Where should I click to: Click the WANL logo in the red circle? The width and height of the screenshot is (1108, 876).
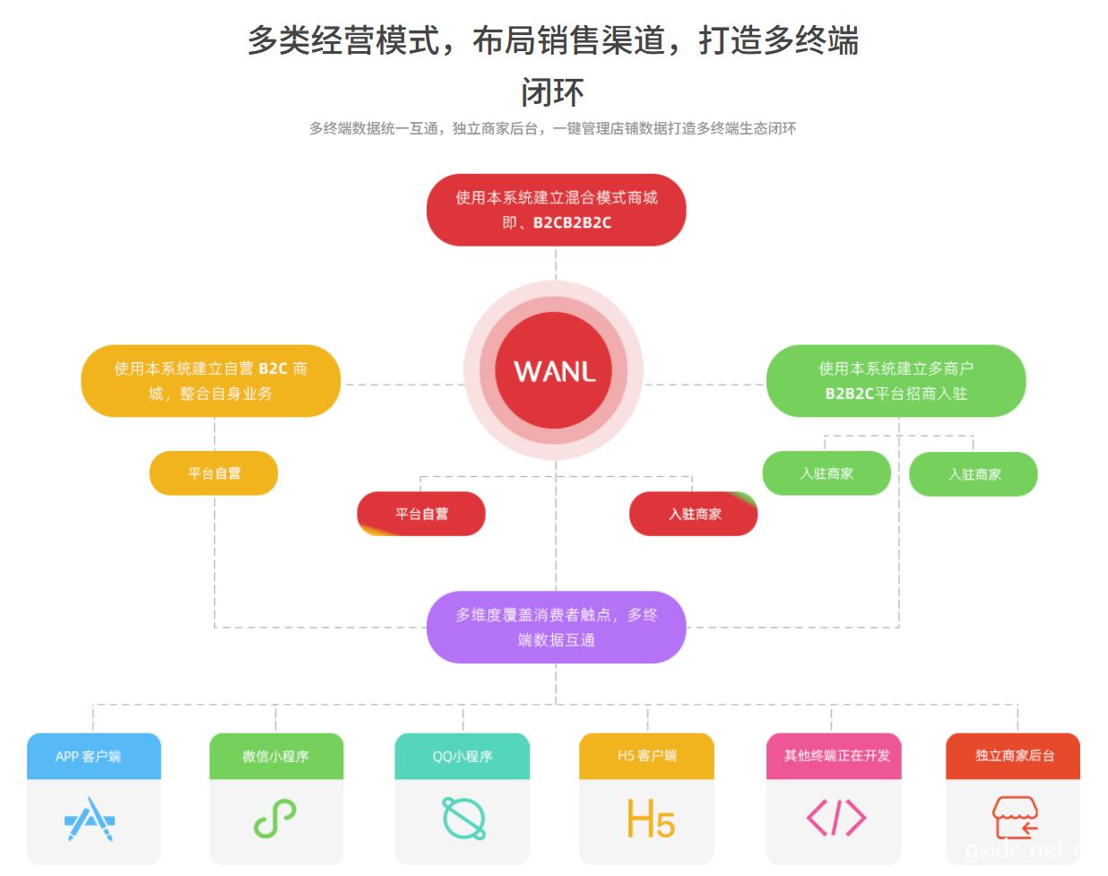point(555,371)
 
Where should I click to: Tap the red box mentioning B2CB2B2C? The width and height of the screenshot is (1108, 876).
point(556,210)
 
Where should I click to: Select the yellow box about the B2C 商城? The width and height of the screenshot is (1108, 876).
point(211,381)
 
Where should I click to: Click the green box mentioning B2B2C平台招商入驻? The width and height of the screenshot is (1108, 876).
point(896,381)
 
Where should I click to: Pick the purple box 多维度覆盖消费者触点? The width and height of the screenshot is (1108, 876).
point(556,628)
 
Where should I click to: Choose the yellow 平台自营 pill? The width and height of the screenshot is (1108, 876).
point(213,473)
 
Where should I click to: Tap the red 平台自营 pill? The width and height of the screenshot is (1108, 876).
point(421,514)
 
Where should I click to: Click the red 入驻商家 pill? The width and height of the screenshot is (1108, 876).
point(694,514)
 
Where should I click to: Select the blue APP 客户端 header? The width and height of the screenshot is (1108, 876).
point(94,756)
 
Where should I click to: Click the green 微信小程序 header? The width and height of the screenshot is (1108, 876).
point(276,756)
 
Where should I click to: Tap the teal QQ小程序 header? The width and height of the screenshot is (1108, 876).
point(463,756)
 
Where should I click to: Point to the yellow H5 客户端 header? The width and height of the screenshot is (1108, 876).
point(646,756)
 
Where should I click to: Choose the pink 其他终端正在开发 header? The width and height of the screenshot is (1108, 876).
point(834,756)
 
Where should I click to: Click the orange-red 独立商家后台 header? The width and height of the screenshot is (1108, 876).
point(1013,756)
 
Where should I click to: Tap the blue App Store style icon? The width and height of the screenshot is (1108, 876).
point(90,819)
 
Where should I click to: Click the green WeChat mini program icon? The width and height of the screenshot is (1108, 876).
point(275,819)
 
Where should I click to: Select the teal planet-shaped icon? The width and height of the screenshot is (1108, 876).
point(463,819)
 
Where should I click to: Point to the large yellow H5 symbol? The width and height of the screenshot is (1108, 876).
point(651,819)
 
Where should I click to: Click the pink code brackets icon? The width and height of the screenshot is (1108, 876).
point(836,818)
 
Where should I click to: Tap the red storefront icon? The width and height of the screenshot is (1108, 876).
point(1015,818)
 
